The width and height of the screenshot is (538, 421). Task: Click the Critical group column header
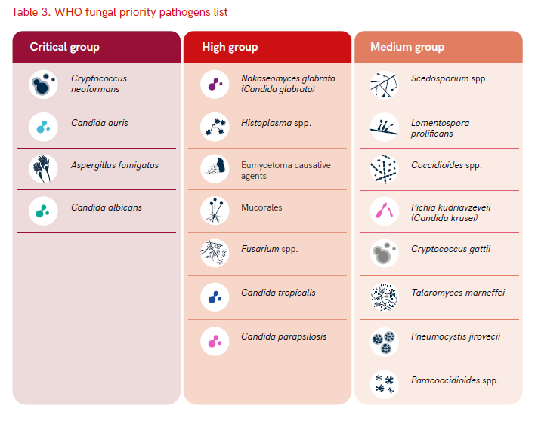coord(64,47)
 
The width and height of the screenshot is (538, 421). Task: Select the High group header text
coord(230,47)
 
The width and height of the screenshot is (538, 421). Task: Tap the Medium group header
coord(407,47)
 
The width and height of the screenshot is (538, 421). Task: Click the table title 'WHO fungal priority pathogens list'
coord(141,12)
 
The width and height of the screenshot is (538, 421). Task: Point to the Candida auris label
coord(100,123)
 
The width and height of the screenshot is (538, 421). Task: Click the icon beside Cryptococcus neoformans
coord(43,85)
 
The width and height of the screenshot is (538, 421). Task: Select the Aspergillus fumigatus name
coord(115,165)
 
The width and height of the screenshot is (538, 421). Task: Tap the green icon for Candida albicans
coord(43,211)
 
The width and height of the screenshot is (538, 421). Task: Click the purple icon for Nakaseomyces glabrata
coord(215,85)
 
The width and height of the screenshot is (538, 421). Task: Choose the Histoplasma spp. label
coord(276,123)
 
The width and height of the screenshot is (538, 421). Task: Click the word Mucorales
coord(261,207)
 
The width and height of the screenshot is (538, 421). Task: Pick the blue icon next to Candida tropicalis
coord(215,297)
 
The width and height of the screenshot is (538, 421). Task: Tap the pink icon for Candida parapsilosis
coord(215,341)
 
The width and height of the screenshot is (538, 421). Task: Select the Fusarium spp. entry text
coord(269,249)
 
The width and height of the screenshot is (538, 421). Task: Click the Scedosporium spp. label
coord(450,78)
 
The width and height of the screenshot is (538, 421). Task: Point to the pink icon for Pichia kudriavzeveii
coord(385,211)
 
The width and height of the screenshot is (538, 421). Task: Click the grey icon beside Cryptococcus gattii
coord(385,254)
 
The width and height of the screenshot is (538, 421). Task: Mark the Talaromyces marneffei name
coord(458,293)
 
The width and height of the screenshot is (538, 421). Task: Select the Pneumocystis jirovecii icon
coord(385,343)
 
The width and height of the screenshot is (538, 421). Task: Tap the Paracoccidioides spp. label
coord(455,380)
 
